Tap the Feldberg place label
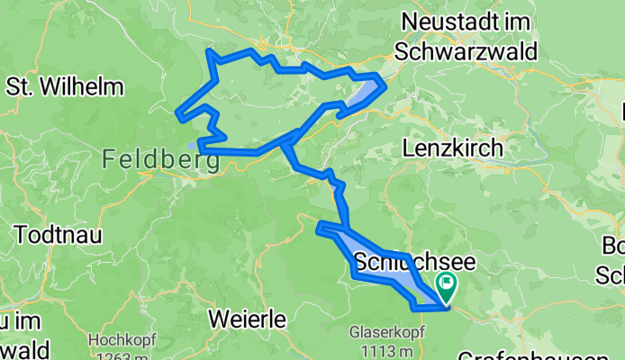[x=161, y=161]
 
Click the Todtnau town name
[x=58, y=233]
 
